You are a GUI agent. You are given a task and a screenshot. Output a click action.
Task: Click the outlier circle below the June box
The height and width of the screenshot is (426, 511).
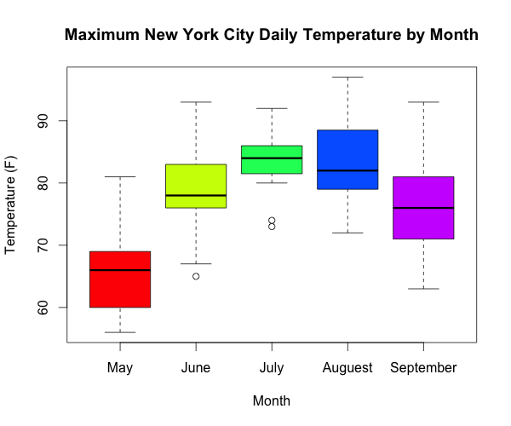point(196,276)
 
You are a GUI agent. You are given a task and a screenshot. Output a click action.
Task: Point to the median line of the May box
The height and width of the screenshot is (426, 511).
point(120,270)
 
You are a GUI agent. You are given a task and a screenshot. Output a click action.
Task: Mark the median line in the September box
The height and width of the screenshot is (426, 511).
point(423,208)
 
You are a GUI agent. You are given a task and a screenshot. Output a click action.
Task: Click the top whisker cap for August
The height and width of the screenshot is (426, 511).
point(347,78)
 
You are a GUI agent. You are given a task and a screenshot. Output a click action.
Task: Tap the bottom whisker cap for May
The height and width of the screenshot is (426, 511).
point(120,332)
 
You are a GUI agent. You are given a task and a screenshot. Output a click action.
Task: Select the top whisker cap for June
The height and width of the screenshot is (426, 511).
point(196,102)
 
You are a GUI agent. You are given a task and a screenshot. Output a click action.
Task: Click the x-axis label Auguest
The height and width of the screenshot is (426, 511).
point(347,368)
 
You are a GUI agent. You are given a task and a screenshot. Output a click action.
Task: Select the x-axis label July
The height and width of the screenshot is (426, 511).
point(272,368)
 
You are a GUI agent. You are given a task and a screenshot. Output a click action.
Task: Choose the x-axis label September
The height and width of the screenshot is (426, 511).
point(423,368)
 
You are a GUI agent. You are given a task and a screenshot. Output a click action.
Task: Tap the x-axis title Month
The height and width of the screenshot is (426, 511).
point(272,400)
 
